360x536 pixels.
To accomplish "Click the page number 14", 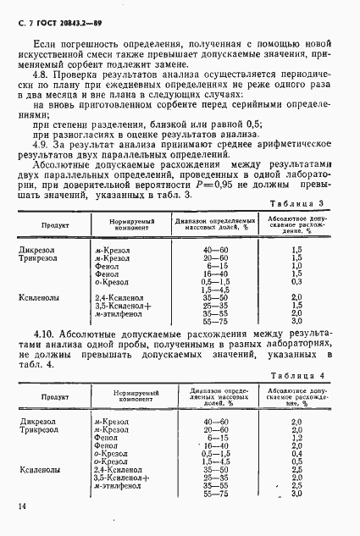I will coord(19,506).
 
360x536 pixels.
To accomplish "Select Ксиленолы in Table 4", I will coord(39,467).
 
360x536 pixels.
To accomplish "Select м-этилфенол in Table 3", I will coord(119,312).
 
